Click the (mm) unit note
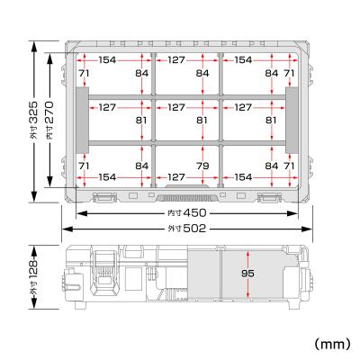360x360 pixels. [x=331, y=343]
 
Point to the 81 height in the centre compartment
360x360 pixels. [x=201, y=118]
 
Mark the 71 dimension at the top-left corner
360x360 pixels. [x=83, y=72]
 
